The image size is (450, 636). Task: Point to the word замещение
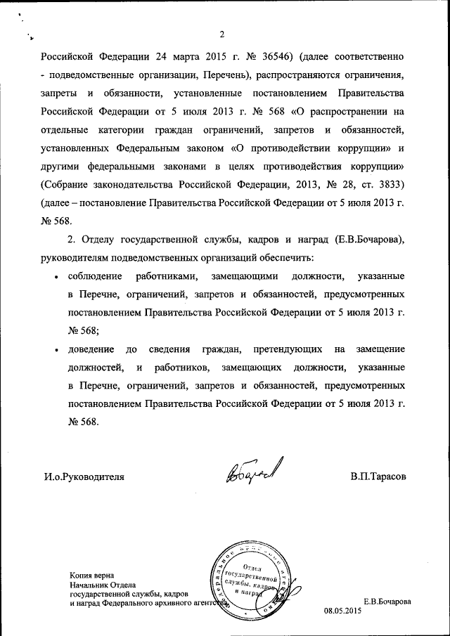[x=380, y=349]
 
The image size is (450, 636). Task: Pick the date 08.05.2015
[x=342, y=611]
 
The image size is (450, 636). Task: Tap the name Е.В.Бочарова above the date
[x=386, y=602]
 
